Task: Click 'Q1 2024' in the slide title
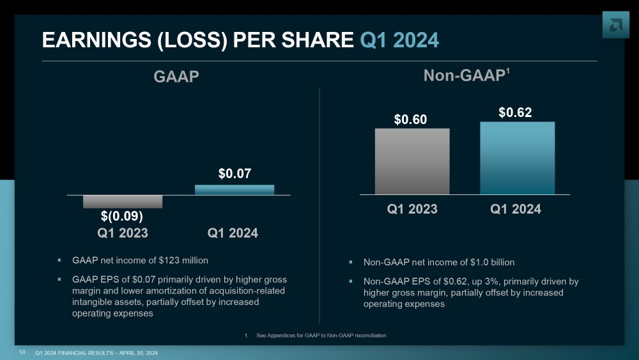tap(399, 40)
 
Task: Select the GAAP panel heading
tap(176, 77)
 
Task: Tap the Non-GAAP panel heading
tap(466, 76)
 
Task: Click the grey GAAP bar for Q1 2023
tap(123, 201)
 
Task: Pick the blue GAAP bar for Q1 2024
tap(235, 189)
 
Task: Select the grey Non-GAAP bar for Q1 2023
tap(412, 161)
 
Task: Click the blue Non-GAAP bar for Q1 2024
tap(517, 158)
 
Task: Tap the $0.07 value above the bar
tap(235, 173)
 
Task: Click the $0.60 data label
tap(410, 120)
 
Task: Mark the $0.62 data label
tap(515, 113)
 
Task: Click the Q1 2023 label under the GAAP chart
tap(123, 233)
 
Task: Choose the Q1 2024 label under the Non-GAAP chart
tap(516, 209)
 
